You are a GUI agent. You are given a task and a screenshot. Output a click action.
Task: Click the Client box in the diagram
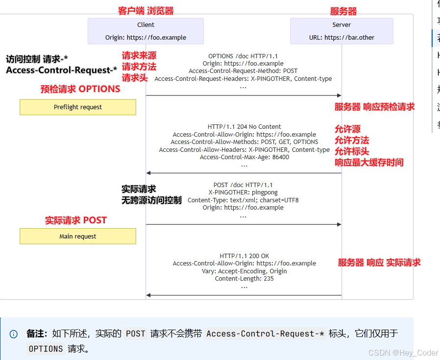point(146,31)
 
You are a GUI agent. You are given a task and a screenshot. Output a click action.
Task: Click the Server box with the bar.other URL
point(342,31)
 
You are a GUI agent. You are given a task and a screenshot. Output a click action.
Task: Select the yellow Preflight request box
point(78,107)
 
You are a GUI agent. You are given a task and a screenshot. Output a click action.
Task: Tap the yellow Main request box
point(78,237)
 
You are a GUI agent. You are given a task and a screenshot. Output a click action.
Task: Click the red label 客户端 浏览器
point(146,11)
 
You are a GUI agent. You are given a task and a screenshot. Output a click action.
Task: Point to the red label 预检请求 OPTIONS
point(80,89)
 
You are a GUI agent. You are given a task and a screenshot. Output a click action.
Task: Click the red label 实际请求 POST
point(76,220)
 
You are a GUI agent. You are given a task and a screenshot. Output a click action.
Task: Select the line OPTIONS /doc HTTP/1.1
point(243,56)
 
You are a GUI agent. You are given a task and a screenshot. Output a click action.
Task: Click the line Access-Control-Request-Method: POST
point(243,71)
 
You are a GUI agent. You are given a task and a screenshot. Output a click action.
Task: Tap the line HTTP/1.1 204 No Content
point(244,127)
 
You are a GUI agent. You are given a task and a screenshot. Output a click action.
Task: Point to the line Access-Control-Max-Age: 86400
point(244,157)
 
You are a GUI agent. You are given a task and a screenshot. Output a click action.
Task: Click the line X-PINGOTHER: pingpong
point(243,192)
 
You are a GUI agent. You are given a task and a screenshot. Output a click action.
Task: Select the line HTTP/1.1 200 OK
point(244,256)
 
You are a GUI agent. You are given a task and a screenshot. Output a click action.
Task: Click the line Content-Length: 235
point(244,279)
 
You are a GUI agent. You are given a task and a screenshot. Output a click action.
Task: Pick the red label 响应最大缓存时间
point(369,163)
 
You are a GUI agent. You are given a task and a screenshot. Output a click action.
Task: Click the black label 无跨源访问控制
point(151,200)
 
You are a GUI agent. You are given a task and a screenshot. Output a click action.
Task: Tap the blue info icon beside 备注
point(14,334)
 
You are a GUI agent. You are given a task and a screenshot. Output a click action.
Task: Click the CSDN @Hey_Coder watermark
point(403,353)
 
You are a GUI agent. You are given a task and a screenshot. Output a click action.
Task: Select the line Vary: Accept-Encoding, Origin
point(244,271)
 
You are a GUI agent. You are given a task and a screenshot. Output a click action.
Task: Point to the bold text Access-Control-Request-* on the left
point(61,71)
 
